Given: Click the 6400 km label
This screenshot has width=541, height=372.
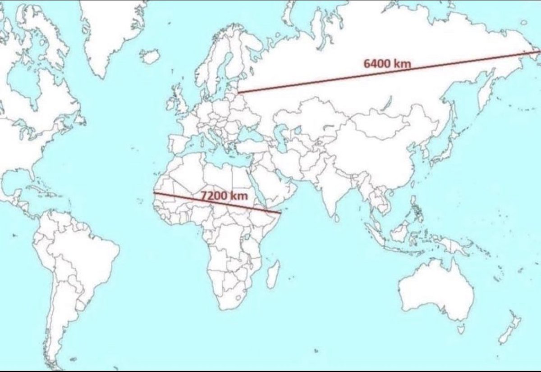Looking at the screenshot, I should click(387, 64).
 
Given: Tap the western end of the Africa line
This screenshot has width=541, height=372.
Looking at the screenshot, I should click(154, 193).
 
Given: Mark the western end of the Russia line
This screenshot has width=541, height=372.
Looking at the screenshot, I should click(238, 92).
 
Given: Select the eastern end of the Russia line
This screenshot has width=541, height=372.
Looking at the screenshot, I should click(539, 51).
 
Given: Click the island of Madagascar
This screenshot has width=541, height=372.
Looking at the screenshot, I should click(273, 274).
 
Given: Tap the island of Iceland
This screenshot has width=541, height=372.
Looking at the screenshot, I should click(150, 56).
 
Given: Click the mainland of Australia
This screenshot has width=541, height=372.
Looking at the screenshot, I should click(435, 288).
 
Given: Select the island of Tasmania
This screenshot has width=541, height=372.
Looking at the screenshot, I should click(460, 330).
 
